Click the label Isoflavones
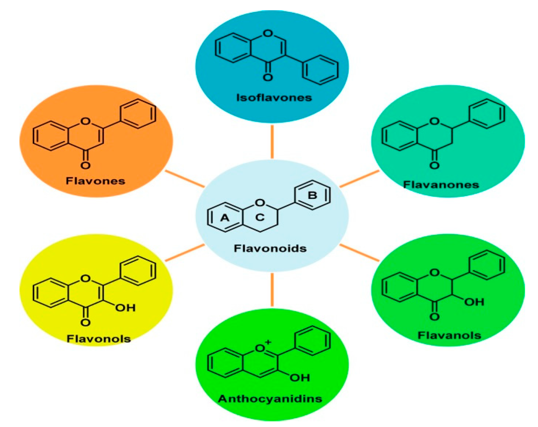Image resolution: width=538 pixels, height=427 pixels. click(x=274, y=98)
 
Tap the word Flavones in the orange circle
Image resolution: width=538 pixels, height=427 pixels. click(x=95, y=181)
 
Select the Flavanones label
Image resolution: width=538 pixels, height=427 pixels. click(x=441, y=185)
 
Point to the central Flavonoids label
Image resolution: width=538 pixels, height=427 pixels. click(x=270, y=248)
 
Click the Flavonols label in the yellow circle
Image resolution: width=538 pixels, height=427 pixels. click(x=99, y=339)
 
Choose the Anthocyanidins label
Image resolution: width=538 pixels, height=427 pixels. click(x=270, y=399)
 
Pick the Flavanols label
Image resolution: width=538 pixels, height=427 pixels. click(x=449, y=336)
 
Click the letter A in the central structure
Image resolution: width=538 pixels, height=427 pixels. click(x=225, y=218)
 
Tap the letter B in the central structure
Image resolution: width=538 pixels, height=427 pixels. click(x=312, y=195)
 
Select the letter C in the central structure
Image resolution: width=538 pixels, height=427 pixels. click(x=260, y=217)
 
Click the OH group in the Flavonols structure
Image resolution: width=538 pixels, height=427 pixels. click(x=125, y=308)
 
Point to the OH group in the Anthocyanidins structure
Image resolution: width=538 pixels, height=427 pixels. click(x=300, y=378)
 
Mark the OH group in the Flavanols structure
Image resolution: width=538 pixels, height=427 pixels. click(x=474, y=302)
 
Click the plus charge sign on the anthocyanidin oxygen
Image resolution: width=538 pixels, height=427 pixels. click(x=268, y=342)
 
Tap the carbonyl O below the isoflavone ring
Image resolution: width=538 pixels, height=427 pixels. click(x=268, y=78)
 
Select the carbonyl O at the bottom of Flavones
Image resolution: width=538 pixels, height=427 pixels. click(x=85, y=165)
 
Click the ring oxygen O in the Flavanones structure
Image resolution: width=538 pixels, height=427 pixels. click(x=434, y=121)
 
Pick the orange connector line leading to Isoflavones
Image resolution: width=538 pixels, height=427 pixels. click(x=272, y=142)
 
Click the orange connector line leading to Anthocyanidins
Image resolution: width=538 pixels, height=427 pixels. click(x=272, y=290)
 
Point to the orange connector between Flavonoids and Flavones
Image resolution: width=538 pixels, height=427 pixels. click(x=185, y=178)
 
